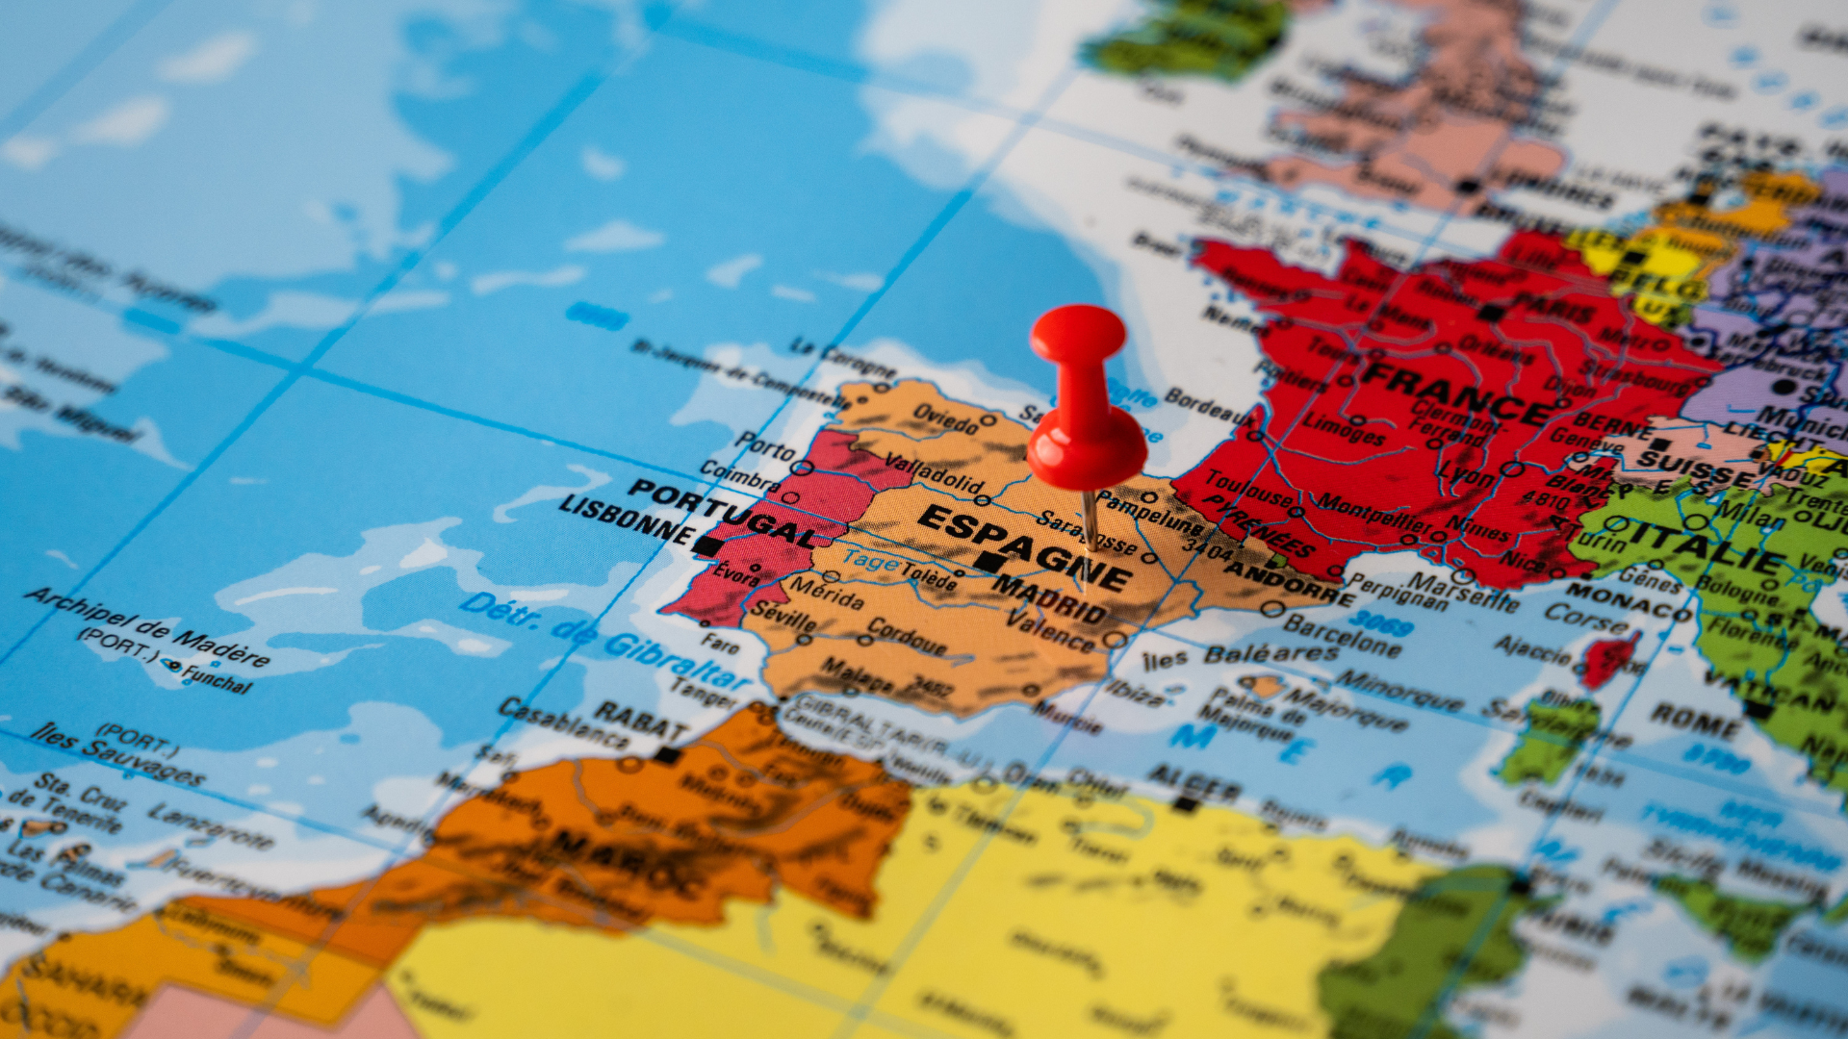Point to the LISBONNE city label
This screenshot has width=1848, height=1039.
point(626,519)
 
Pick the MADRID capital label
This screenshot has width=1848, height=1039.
point(1050,598)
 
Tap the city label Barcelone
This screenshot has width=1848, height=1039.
point(1342,635)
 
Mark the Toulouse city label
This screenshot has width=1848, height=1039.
point(1247,487)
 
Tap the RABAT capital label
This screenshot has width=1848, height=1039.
point(641,720)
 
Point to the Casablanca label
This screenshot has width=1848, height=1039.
point(564,722)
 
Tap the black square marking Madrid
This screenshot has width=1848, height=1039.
point(986,562)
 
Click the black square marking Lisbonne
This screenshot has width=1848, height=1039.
point(707,545)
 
